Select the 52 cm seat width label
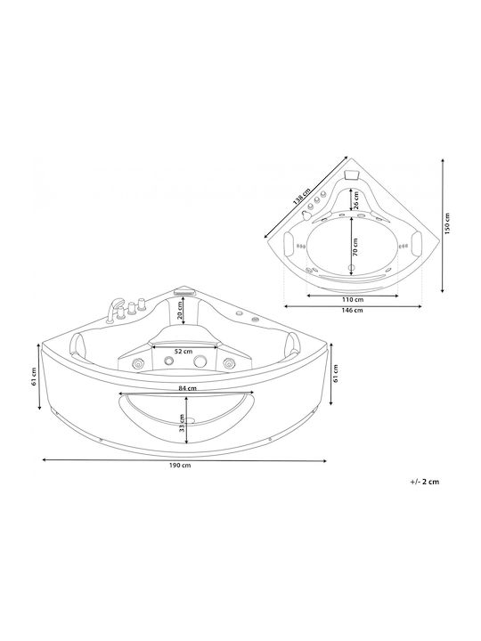(x=184, y=352)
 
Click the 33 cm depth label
(x=181, y=424)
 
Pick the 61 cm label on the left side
(x=34, y=377)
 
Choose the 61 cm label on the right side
(x=336, y=373)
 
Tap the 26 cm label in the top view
(x=355, y=199)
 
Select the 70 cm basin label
(x=355, y=247)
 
